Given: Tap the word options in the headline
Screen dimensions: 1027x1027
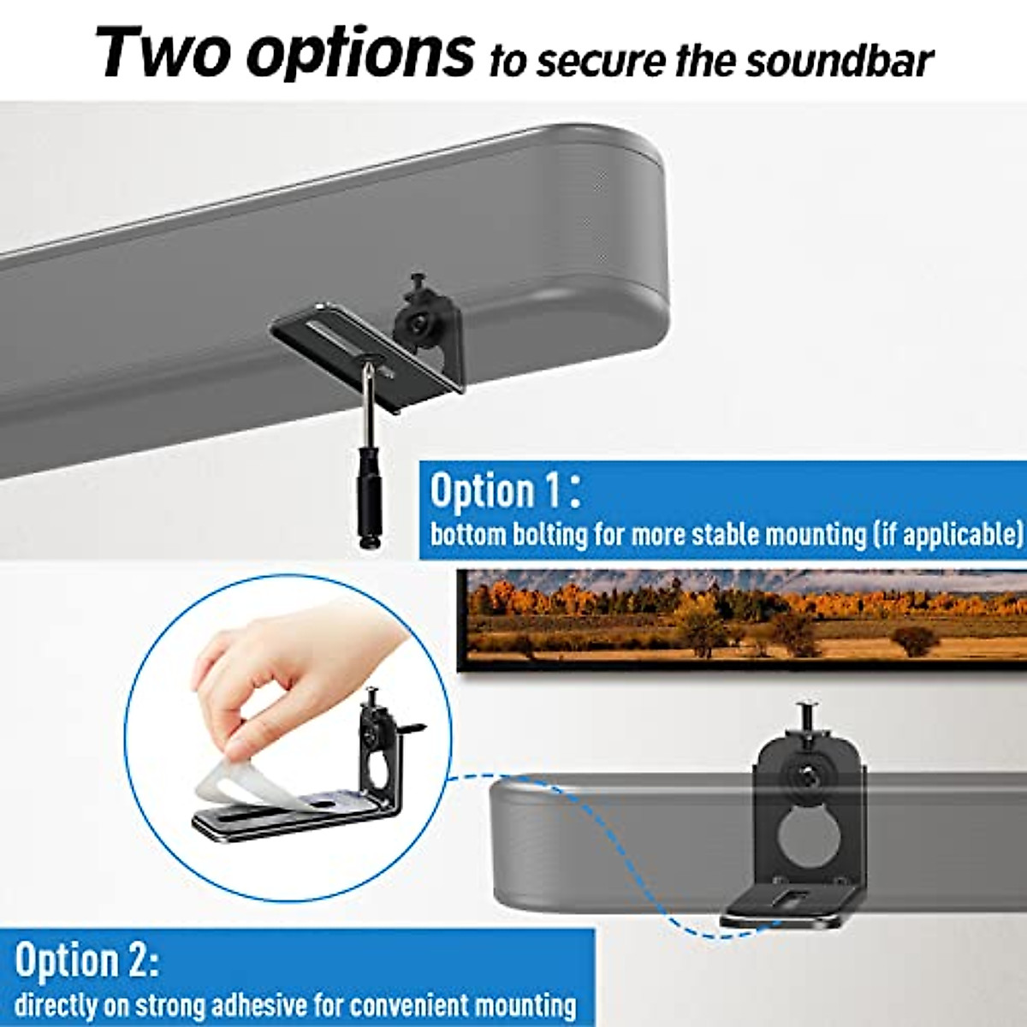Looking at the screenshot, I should pyautogui.click(x=359, y=53).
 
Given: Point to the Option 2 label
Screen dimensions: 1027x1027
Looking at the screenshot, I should pyautogui.click(x=86, y=959).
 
